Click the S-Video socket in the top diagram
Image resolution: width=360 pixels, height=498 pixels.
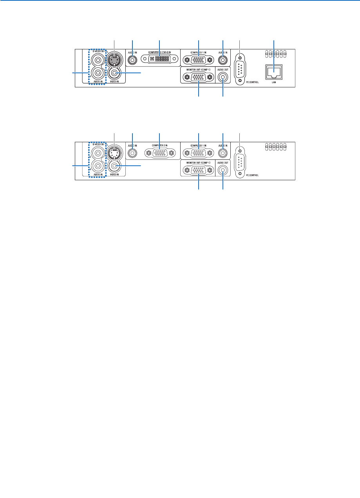point(114,60)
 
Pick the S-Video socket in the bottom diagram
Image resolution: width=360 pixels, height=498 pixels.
point(114,153)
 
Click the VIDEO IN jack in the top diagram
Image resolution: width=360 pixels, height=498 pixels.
point(115,73)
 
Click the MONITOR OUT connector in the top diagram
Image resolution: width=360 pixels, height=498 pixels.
point(199,77)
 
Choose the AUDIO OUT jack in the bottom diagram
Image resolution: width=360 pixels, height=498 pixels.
point(223,170)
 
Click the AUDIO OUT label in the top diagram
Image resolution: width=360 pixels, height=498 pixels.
point(223,69)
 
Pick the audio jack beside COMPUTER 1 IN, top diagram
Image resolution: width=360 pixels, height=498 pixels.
point(223,60)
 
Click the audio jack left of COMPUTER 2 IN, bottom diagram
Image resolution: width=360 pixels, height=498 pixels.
point(133,153)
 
